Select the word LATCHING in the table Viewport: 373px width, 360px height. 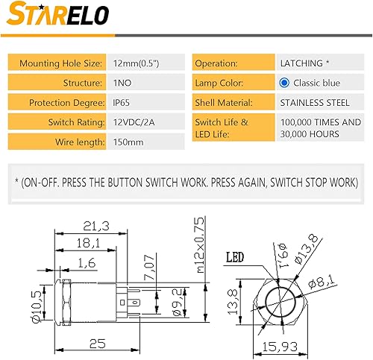tap(298, 63)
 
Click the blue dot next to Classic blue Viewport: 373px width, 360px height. tap(283, 83)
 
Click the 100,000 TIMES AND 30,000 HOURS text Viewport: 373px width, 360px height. tap(319, 127)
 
